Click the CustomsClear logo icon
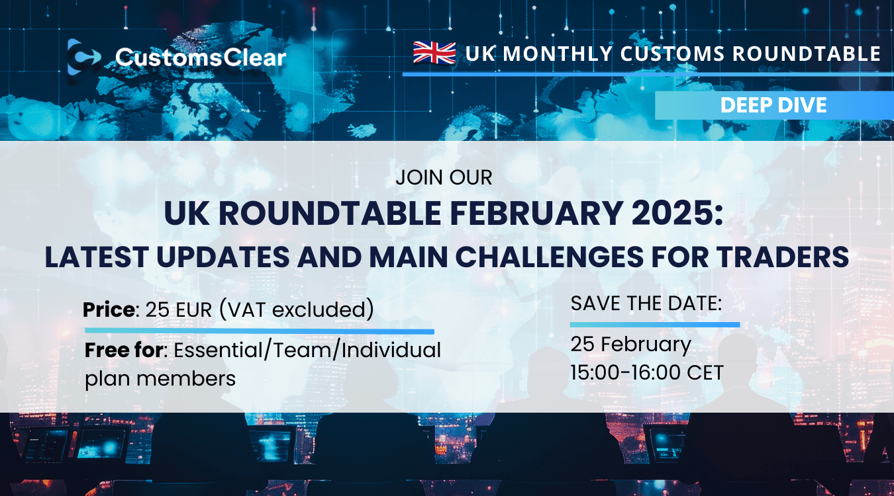point(83,57)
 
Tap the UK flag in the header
point(434,53)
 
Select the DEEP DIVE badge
point(773,105)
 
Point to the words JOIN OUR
point(444,178)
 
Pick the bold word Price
point(109,310)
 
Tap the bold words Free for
point(124,351)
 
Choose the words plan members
point(160,378)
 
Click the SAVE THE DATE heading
point(646,304)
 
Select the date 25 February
point(630,345)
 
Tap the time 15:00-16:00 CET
point(647,372)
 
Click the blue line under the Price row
point(259,330)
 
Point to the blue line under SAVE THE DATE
point(654,325)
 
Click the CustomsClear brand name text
point(201,58)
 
